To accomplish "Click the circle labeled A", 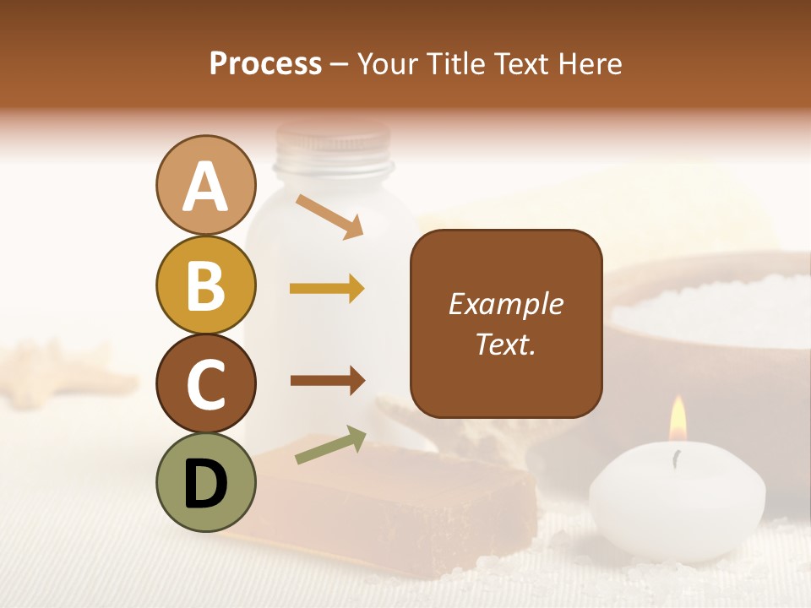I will (205, 186).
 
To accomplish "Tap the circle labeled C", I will (205, 383).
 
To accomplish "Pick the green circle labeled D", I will (205, 482).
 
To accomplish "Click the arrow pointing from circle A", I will (329, 216).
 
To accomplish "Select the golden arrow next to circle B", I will (327, 289).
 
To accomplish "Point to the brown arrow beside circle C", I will (327, 381).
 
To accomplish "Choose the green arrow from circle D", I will (330, 445).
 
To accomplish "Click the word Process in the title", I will (265, 63).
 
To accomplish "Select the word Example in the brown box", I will (506, 304).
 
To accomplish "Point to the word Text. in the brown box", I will (506, 344).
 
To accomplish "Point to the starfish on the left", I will (59, 367).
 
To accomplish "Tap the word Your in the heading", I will (389, 63).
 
